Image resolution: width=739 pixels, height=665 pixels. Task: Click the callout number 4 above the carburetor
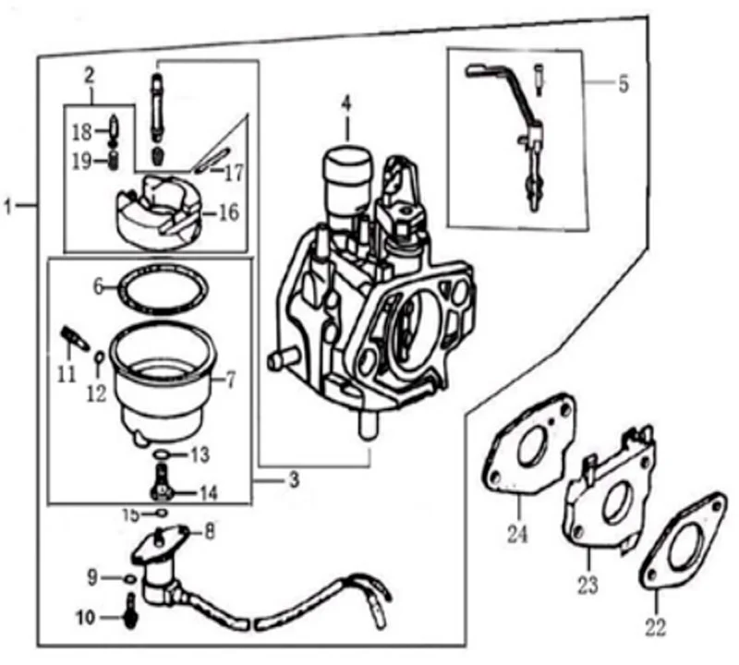coord(346,103)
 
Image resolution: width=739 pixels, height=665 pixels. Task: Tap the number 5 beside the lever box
coord(623,84)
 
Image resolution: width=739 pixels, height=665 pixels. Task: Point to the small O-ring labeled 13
coord(161,454)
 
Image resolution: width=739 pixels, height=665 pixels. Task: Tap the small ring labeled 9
coord(130,578)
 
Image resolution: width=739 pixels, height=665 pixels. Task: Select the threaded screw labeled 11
coord(75,339)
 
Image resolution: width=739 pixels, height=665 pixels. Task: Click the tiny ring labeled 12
coord(100,356)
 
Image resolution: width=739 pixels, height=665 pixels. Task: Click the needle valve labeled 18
coord(113,132)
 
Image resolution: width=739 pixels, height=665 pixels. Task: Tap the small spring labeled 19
coord(113,160)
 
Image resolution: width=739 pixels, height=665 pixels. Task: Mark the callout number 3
coord(294,480)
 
